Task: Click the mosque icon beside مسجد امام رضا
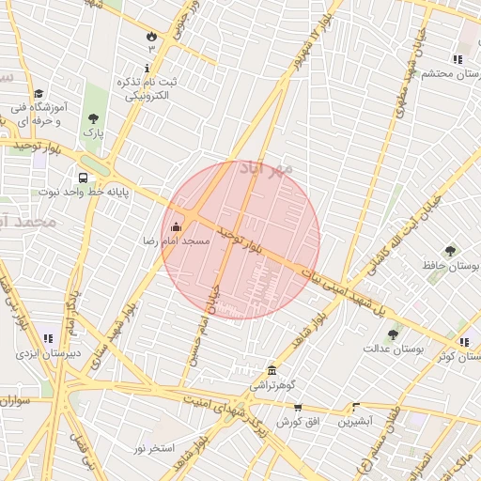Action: coord(176,226)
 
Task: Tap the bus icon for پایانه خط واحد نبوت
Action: coord(84,178)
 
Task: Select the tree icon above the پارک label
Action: coord(92,118)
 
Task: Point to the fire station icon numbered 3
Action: coord(151,35)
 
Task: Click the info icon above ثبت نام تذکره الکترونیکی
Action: coord(147,68)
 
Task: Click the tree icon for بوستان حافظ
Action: coord(450,251)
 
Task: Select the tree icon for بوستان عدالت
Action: coord(392,334)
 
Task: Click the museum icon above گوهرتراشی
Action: coord(272,370)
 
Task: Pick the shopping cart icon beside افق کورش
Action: coord(298,408)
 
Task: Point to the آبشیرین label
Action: coord(356,422)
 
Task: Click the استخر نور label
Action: coord(153,448)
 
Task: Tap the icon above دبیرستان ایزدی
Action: coord(47,338)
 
